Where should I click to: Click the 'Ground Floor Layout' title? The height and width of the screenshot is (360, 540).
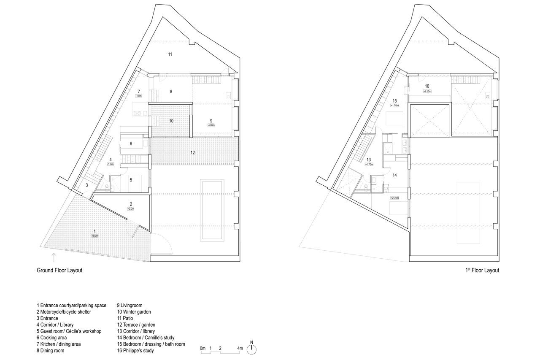click(x=59, y=271)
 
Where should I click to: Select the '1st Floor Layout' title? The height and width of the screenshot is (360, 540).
click(x=480, y=271)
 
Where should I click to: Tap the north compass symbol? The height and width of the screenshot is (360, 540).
click(x=252, y=349)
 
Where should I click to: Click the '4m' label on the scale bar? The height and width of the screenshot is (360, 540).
click(x=240, y=348)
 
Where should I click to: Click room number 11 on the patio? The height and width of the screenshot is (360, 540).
click(x=170, y=54)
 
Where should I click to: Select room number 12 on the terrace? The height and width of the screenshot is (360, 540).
click(x=192, y=152)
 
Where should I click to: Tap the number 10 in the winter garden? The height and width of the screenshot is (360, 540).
click(x=171, y=121)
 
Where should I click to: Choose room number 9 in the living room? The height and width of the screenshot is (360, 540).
click(x=211, y=120)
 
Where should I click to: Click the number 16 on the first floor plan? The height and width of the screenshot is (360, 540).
click(x=427, y=86)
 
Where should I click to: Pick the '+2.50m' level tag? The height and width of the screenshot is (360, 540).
click(x=427, y=91)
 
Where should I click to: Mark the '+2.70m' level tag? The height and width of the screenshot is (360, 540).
click(x=394, y=197)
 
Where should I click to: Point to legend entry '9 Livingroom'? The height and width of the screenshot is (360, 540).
click(x=130, y=305)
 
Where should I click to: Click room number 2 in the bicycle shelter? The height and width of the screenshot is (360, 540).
click(x=131, y=204)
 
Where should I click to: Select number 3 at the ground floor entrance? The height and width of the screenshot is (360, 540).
click(x=86, y=185)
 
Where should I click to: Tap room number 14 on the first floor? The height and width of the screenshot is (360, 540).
click(x=395, y=174)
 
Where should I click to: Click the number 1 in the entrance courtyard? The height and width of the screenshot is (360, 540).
click(x=95, y=231)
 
